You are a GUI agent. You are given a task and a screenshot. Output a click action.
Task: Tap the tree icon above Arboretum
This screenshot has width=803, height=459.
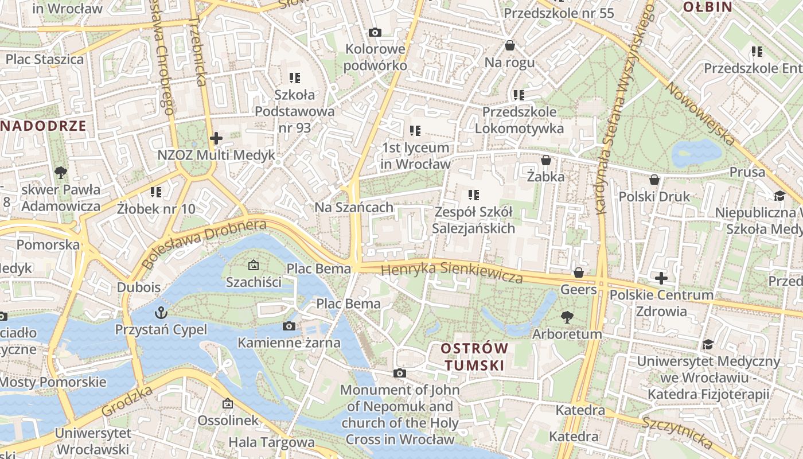click(567, 317)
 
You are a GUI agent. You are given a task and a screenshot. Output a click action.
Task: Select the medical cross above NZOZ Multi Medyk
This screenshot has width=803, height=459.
click(216, 138)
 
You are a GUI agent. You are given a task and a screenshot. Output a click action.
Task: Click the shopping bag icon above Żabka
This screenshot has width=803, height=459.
click(546, 160)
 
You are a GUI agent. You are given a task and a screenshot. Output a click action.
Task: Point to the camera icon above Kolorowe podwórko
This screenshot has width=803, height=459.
click(375, 32)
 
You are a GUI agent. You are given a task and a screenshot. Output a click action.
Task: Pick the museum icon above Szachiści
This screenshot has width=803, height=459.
click(253, 265)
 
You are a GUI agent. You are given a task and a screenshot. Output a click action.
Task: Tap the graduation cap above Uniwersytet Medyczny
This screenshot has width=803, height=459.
click(708, 344)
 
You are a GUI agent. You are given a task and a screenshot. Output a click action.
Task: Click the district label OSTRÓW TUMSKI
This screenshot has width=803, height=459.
click(475, 356)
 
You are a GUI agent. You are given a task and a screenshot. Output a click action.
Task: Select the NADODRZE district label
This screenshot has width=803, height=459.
click(43, 126)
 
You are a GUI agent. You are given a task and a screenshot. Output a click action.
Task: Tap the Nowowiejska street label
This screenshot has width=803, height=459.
click(700, 112)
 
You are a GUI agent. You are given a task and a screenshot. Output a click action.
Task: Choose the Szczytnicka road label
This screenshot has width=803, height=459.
click(677, 432)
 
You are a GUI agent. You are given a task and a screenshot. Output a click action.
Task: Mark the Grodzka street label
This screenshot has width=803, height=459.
click(127, 401)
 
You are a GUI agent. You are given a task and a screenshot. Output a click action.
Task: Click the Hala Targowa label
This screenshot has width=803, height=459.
click(271, 442)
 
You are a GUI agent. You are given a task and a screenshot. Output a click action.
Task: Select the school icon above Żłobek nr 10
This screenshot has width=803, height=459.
click(156, 192)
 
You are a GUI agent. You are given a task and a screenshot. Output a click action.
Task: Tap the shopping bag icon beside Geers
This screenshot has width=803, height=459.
click(579, 273)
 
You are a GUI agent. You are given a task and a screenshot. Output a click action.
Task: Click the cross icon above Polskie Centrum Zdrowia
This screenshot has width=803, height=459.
click(661, 278)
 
